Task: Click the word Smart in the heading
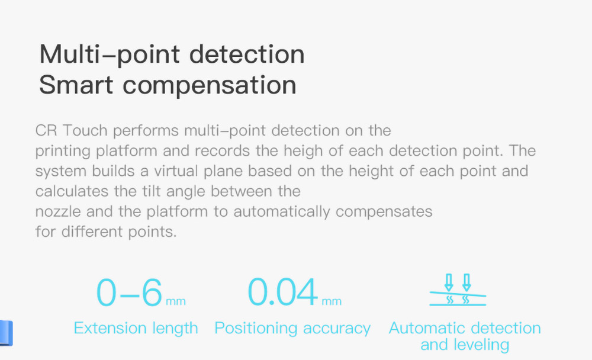(x=76, y=84)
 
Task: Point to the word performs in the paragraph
(x=146, y=131)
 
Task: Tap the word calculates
(x=72, y=191)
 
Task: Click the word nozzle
(x=58, y=212)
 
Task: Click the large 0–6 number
(x=130, y=292)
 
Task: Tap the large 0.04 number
(x=283, y=292)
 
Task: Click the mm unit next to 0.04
(x=332, y=301)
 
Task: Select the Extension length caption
(x=136, y=329)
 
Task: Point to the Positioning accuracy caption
(x=292, y=329)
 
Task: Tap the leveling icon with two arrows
(x=458, y=290)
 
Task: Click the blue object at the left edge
(x=6, y=333)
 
